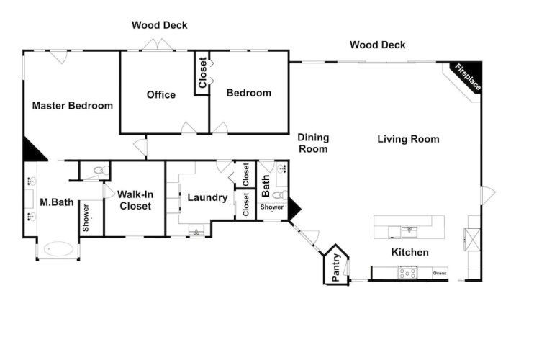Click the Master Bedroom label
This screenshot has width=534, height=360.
[73, 106]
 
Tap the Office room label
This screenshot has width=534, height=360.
[161, 95]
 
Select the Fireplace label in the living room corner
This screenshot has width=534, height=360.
[469, 77]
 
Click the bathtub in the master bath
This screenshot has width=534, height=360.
[58, 248]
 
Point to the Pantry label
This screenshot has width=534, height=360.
[336, 267]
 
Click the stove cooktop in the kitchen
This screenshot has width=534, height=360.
[407, 273]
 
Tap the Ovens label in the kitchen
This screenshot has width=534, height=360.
[440, 273]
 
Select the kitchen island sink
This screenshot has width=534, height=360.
[409, 232]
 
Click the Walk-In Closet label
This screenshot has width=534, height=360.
[135, 200]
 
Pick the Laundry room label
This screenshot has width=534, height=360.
[207, 197]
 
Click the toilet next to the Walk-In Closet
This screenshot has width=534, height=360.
[101, 171]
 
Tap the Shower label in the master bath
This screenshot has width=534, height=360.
[86, 218]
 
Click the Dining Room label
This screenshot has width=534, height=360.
[313, 143]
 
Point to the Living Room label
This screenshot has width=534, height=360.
[408, 139]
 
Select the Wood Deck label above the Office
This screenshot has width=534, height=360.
[159, 25]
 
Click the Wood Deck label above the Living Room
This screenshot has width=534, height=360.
[378, 45]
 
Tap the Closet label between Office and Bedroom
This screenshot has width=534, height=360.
[202, 73]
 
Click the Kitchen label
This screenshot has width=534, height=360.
[410, 253]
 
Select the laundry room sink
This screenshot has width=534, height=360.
[196, 231]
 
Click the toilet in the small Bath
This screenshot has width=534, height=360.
[280, 195]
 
